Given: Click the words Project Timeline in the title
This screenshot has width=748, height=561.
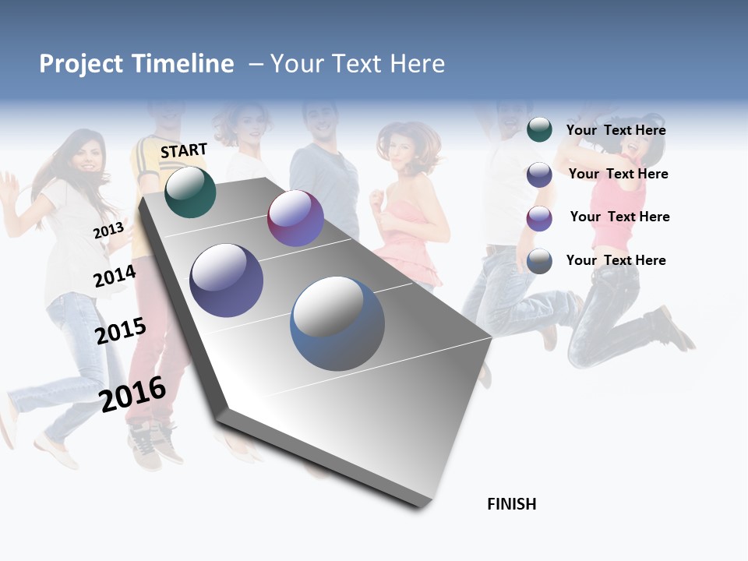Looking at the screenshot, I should click(136, 64).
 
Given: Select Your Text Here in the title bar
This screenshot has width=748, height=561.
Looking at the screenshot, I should click(358, 64).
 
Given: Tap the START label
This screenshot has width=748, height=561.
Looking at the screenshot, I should click(184, 150).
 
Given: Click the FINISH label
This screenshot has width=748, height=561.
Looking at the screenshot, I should click(512, 504).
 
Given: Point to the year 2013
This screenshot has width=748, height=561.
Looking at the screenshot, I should click(108, 231).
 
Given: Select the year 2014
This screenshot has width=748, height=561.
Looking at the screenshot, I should click(115, 277).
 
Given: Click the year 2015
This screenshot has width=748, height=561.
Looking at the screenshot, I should click(121, 330).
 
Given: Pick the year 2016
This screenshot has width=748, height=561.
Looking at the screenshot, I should click(133, 393).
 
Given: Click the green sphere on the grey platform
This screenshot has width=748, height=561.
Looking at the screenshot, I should click(190, 192).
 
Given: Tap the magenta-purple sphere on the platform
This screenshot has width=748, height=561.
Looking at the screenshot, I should click(295, 218).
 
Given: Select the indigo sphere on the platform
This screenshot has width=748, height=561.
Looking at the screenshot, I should click(227, 280).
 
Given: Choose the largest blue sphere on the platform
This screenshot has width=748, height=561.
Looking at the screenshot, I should click(337, 323).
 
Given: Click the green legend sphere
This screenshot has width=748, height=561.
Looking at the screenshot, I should click(539, 130).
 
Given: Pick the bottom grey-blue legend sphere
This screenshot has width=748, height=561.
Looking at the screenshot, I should click(539, 261).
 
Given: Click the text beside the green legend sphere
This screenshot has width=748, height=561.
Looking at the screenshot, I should click(616, 130).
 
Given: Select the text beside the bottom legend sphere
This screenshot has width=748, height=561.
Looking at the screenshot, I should click(616, 260).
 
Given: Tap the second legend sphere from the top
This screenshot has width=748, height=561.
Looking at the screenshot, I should click(539, 175).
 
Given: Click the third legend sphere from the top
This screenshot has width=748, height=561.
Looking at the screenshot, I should click(539, 218).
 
